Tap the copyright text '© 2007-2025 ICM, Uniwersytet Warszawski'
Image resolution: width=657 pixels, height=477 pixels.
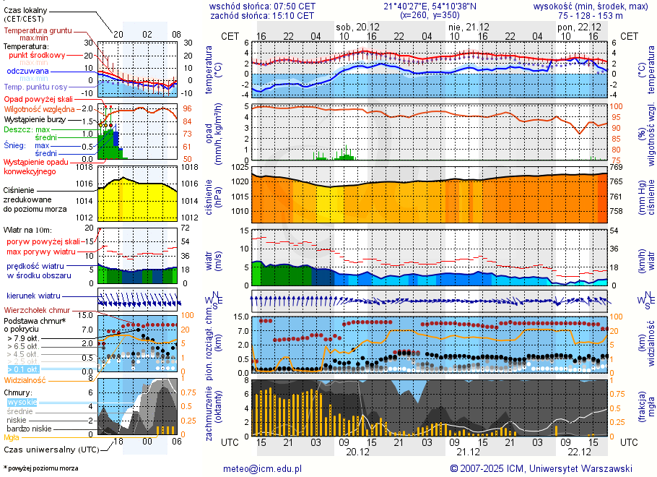tap(541, 468)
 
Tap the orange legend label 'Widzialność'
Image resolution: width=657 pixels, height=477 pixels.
tap(25, 379)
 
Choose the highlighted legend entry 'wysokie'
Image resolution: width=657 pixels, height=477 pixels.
tap(22, 402)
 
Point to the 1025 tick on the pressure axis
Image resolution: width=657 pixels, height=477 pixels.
tap(240, 168)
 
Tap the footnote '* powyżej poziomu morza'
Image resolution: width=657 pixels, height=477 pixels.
tap(41, 468)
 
